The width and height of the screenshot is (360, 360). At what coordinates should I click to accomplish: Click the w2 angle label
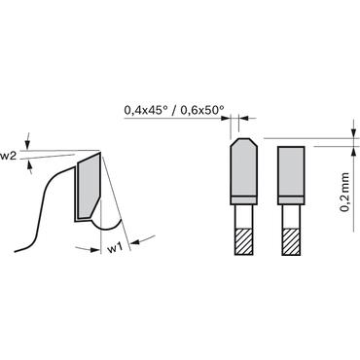tap(8, 157)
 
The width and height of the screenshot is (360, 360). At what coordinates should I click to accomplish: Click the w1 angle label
tap(115, 249)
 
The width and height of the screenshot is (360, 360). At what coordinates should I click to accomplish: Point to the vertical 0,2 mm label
tap(345, 192)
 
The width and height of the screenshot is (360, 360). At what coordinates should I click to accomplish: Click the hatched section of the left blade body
tap(243, 241)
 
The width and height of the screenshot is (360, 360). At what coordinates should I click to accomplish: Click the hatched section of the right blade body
tap(291, 241)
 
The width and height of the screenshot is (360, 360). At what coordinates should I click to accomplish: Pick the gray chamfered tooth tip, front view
tap(243, 167)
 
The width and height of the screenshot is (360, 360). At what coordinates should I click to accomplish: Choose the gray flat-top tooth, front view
tap(291, 171)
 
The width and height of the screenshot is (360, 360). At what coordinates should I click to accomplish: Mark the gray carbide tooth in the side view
tap(89, 185)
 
